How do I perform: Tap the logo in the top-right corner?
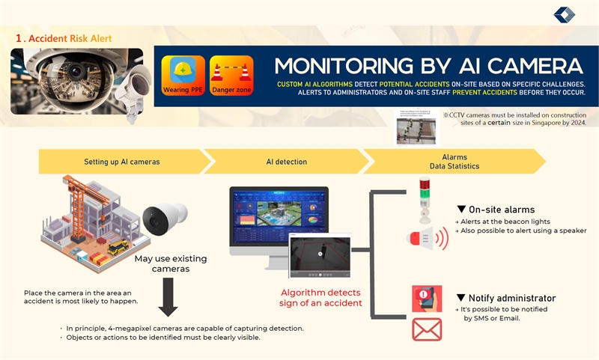[565, 14]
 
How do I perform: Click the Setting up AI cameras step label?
[121, 161]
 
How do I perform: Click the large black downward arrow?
[168, 300]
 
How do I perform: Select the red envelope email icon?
[426, 329]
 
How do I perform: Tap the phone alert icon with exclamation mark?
[427, 297]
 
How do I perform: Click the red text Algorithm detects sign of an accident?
[321, 297]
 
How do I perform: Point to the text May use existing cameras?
[171, 263]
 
